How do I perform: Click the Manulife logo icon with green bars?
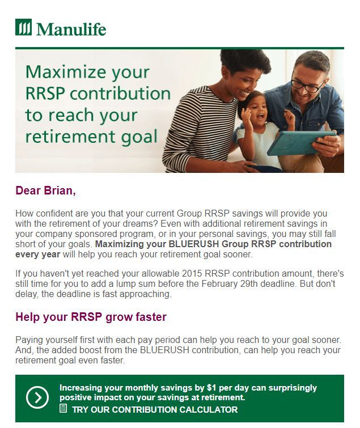click(23, 27)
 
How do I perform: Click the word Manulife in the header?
click(71, 29)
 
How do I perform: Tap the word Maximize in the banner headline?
click(66, 72)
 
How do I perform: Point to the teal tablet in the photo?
click(301, 142)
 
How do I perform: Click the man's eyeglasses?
click(308, 84)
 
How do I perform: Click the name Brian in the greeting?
click(60, 190)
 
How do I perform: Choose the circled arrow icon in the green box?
click(37, 397)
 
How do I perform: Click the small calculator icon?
click(63, 409)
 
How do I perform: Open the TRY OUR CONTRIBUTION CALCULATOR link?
click(155, 409)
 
